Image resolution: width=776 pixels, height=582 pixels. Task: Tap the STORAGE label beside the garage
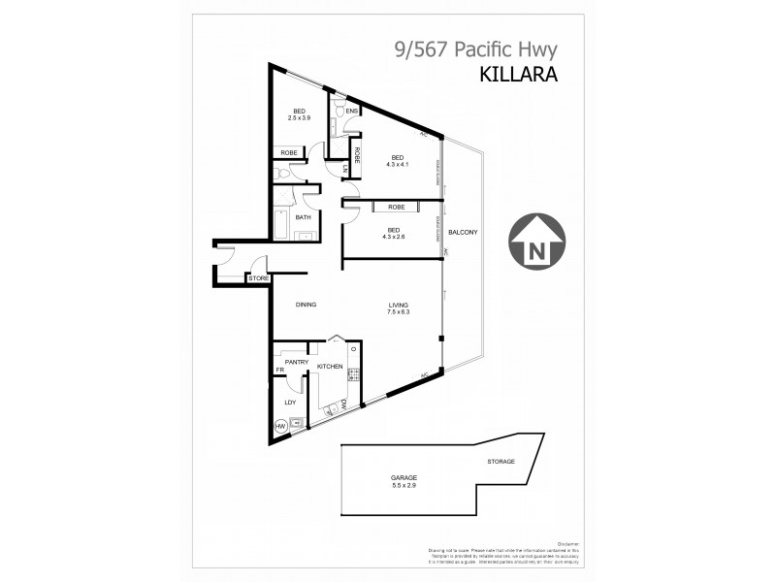coord(500,462)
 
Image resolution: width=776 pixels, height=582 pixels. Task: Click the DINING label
coord(307,305)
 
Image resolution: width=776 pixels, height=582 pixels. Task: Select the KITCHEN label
coord(330,367)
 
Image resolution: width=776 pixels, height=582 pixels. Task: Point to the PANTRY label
coord(296,362)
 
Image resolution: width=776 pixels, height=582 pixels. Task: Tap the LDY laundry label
coord(289,402)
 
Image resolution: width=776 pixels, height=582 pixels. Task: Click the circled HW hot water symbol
coord(281,426)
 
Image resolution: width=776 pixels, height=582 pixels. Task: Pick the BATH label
coord(304,217)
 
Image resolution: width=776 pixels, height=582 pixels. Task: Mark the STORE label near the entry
coord(258,279)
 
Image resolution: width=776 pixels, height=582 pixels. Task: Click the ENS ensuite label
coord(351,112)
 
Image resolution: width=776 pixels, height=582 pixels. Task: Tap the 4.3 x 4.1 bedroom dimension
coord(398,164)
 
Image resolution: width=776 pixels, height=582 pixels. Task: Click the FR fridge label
coord(279,370)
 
